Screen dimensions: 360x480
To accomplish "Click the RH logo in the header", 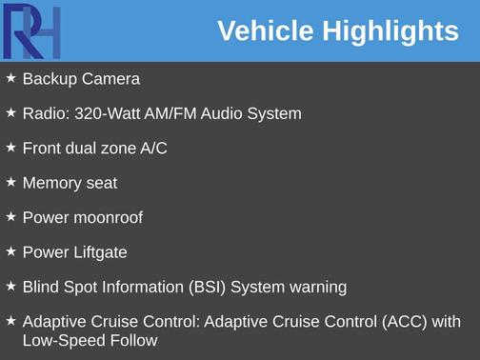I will pyautogui.click(x=32, y=31).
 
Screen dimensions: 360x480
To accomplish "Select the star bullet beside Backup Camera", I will pyautogui.click(x=10, y=78).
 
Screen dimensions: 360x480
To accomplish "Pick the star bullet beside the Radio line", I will pyautogui.click(x=10, y=112).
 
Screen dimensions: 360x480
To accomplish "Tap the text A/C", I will pyautogui.click(x=151, y=149).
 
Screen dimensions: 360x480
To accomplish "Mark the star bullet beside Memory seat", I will pyautogui.click(x=10, y=182).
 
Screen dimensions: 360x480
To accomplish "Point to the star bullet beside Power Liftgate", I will pyautogui.click(x=10, y=251).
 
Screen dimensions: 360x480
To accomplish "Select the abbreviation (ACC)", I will pyautogui.click(x=407, y=322).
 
